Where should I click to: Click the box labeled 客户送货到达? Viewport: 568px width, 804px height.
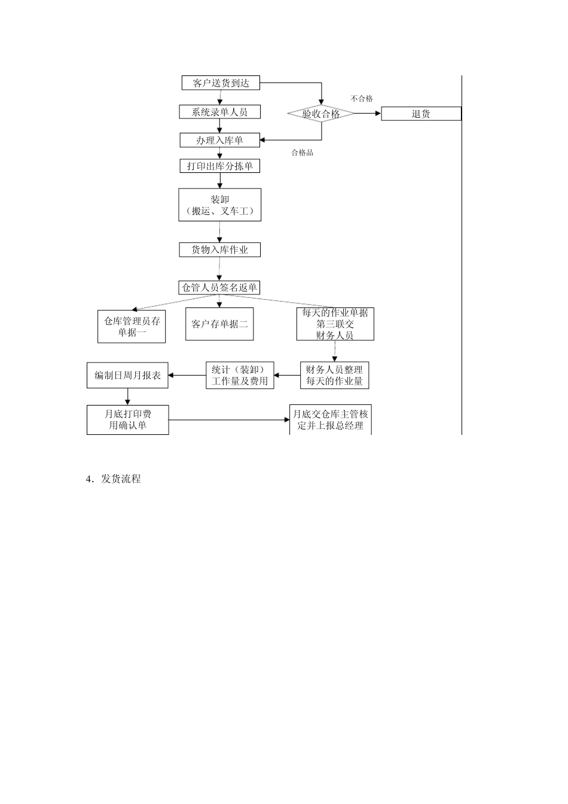pyautogui.click(x=221, y=83)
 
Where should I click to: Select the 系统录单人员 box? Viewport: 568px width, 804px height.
pyautogui.click(x=219, y=112)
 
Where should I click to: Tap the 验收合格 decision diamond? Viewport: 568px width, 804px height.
pyautogui.click(x=321, y=114)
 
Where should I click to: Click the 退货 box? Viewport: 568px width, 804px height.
pyautogui.click(x=421, y=114)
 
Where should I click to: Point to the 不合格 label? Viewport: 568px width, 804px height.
pyautogui.click(x=362, y=99)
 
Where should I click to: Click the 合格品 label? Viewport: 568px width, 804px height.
pyautogui.click(x=303, y=153)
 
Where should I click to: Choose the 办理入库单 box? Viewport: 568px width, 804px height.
pyautogui.click(x=219, y=140)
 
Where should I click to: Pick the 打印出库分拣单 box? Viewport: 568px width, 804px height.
pyautogui.click(x=219, y=166)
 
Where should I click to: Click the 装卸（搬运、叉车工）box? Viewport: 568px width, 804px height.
pyautogui.click(x=219, y=205)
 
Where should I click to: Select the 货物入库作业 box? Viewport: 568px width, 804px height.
pyautogui.click(x=219, y=249)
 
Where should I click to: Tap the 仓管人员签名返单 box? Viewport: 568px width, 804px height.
pyautogui.click(x=219, y=288)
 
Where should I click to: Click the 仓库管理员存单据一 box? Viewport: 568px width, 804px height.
pyautogui.click(x=132, y=326)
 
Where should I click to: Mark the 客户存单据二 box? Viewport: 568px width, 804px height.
pyautogui.click(x=219, y=324)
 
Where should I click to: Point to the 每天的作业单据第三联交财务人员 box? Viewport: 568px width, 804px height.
pyautogui.click(x=335, y=324)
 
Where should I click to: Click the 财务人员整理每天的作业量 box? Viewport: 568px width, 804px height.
pyautogui.click(x=334, y=375)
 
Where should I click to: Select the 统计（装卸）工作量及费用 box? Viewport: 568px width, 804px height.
pyautogui.click(x=240, y=375)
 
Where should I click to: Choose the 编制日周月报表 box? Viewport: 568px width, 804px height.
pyautogui.click(x=127, y=375)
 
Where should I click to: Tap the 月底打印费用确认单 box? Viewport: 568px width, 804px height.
pyautogui.click(x=127, y=419)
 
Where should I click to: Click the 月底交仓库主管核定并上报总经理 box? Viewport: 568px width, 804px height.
pyautogui.click(x=331, y=419)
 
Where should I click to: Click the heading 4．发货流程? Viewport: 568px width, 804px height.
pyautogui.click(x=114, y=479)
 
